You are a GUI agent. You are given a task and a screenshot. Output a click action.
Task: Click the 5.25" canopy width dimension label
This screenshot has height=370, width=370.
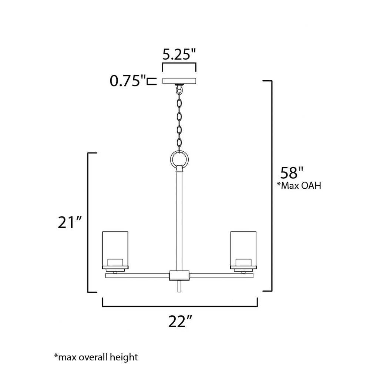point(179,54)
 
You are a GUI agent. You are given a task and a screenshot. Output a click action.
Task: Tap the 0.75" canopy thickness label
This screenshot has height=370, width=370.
point(128,81)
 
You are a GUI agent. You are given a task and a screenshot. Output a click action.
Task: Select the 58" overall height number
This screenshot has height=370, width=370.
point(292,172)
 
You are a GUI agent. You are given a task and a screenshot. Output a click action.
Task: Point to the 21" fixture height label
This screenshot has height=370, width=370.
point(70,222)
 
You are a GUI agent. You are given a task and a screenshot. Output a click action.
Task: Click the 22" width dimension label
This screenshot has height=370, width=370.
point(180,321)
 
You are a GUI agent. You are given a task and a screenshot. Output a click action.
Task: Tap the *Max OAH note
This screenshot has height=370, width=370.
point(299,186)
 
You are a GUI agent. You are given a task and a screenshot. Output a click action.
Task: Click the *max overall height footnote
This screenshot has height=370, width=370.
point(96,357)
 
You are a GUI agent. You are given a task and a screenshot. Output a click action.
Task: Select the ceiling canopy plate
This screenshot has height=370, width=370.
point(179,81)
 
